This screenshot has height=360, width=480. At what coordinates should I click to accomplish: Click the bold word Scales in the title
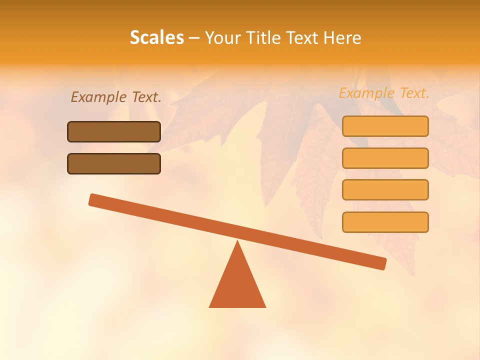(x=156, y=38)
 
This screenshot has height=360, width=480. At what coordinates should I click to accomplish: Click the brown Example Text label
(x=116, y=97)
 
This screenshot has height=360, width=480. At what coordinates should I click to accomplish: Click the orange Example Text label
(x=384, y=93)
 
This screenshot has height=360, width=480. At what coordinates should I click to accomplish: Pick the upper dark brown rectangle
(x=114, y=131)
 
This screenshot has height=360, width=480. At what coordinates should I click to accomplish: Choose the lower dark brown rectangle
(x=114, y=163)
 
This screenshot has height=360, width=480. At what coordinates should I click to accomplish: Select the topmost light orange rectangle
(x=385, y=126)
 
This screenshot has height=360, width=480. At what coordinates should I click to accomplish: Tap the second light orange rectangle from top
(x=385, y=158)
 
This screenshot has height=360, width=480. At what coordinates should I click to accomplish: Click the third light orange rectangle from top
(x=385, y=189)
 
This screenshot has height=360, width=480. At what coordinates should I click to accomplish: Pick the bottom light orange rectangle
(x=385, y=222)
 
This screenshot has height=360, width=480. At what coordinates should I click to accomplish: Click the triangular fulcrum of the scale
(x=237, y=285)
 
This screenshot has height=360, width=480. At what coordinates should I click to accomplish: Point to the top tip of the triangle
(x=237, y=242)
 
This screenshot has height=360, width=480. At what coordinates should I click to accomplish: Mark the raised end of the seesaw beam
(x=94, y=199)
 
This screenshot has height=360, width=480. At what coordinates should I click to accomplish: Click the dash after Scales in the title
(x=194, y=38)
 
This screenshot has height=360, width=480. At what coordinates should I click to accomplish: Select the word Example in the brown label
(x=99, y=97)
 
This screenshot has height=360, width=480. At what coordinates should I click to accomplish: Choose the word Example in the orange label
(x=367, y=93)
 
